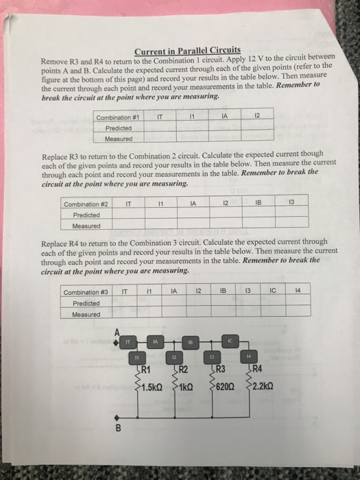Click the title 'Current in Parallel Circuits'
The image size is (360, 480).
point(187,50)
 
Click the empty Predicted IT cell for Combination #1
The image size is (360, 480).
point(159,127)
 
